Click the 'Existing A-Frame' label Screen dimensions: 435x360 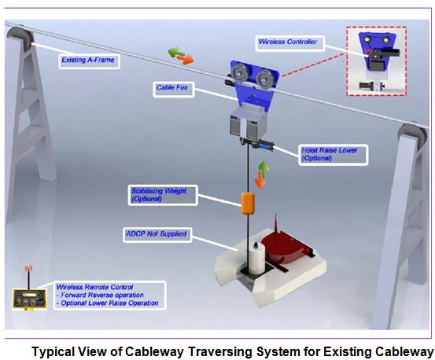click(x=89, y=61)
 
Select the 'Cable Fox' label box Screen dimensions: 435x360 click(x=174, y=89)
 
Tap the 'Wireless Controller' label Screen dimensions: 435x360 click(x=289, y=43)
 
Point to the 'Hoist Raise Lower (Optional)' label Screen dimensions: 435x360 click(x=333, y=155)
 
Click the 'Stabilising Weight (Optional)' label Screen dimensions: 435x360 click(x=163, y=195)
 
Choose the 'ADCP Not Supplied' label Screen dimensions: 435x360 click(x=157, y=235)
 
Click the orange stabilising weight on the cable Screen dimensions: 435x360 click(x=248, y=204)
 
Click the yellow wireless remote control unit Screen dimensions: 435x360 click(x=30, y=299)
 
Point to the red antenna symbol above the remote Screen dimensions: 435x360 click(x=28, y=268)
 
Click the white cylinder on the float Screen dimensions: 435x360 click(x=256, y=258)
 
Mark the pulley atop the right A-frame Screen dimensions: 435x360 click(x=413, y=136)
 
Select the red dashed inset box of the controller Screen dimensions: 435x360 click(x=377, y=61)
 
